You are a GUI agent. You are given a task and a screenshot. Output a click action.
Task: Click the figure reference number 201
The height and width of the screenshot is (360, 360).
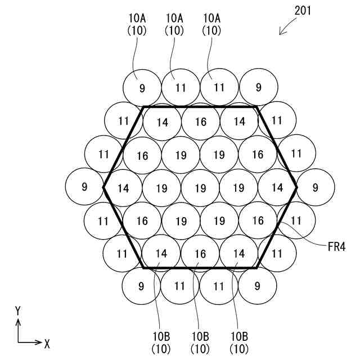pyautogui.click(x=303, y=11)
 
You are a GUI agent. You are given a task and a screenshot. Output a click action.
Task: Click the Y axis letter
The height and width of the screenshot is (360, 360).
pyautogui.click(x=18, y=310)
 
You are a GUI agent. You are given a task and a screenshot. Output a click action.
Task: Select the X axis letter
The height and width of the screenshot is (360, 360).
pyautogui.click(x=47, y=342)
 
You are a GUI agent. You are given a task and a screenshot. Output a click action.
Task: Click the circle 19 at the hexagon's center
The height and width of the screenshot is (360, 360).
pyautogui.click(x=200, y=188)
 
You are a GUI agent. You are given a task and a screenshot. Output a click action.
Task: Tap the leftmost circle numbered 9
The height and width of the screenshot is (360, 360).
pyautogui.click(x=84, y=187)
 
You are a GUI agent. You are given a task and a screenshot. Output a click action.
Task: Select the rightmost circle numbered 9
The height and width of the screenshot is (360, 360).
pyautogui.click(x=315, y=187)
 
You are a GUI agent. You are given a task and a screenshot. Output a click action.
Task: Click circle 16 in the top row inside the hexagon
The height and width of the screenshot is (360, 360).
pyautogui.click(x=201, y=121)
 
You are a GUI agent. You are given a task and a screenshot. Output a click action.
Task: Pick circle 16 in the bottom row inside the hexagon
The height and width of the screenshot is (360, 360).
pyautogui.click(x=201, y=254)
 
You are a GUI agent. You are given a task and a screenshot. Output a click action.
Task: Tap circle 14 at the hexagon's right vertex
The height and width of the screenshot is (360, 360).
pyautogui.click(x=277, y=188)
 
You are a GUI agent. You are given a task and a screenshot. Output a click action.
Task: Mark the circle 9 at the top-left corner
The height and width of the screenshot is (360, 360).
pyautogui.click(x=142, y=88)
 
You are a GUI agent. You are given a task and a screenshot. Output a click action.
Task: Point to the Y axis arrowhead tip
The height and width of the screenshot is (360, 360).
pyautogui.click(x=18, y=319)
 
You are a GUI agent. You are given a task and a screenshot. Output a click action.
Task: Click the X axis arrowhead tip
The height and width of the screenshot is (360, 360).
pyautogui.click(x=42, y=342)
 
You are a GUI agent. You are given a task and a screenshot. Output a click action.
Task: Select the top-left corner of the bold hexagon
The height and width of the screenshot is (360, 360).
pyautogui.click(x=143, y=106)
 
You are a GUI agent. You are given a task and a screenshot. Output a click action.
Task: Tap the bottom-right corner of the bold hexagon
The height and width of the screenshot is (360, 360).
pyautogui.click(x=257, y=268)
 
